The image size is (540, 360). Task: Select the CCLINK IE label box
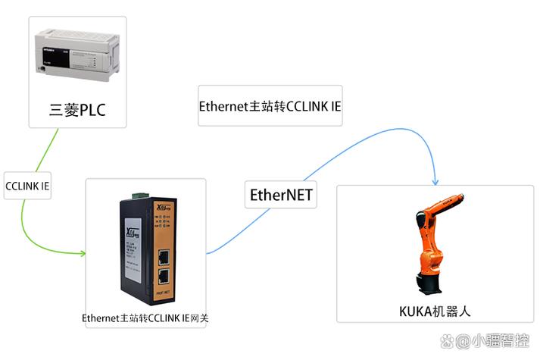[x=28, y=185]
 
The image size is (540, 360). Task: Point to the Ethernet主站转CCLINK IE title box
[x=270, y=105]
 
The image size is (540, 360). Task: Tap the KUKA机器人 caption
[x=435, y=311]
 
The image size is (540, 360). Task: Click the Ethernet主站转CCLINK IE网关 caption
[x=145, y=318]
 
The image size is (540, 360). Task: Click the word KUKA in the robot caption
[x=414, y=311]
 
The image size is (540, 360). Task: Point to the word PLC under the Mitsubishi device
[x=92, y=111]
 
